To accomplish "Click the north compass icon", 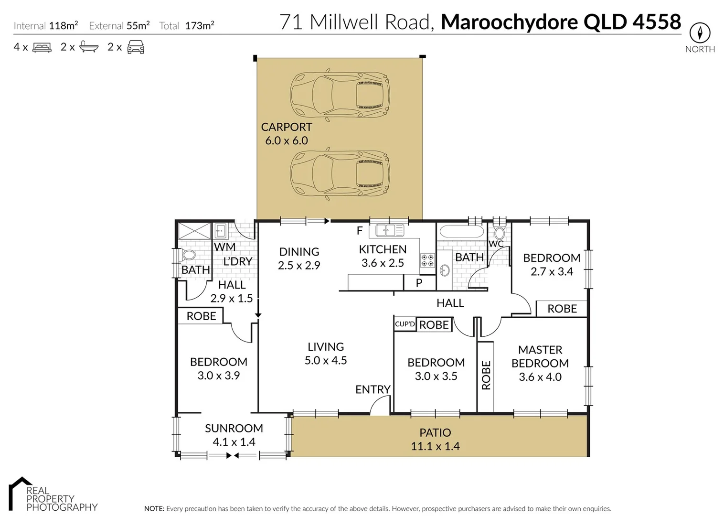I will tap(700, 33).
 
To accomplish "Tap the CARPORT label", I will tap(287, 127).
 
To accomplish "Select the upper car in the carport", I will tap(340, 94).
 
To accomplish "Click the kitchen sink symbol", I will tap(389, 230).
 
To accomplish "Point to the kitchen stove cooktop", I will tap(427, 260).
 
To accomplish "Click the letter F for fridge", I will tap(360, 231).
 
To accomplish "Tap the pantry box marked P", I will tap(419, 283).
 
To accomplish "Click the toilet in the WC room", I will tap(499, 234).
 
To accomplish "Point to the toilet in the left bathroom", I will tap(189, 255).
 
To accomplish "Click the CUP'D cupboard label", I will tap(405, 324).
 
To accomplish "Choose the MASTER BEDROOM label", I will tap(540, 356).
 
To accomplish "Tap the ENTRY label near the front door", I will tap(373, 389).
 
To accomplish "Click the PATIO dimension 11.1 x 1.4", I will tap(435, 446).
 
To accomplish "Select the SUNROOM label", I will tap(234, 428).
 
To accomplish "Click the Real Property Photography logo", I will tap(53, 494).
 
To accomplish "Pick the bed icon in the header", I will tap(42, 47).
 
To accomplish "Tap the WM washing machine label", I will tap(224, 247).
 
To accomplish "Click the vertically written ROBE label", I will tap(486, 376).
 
